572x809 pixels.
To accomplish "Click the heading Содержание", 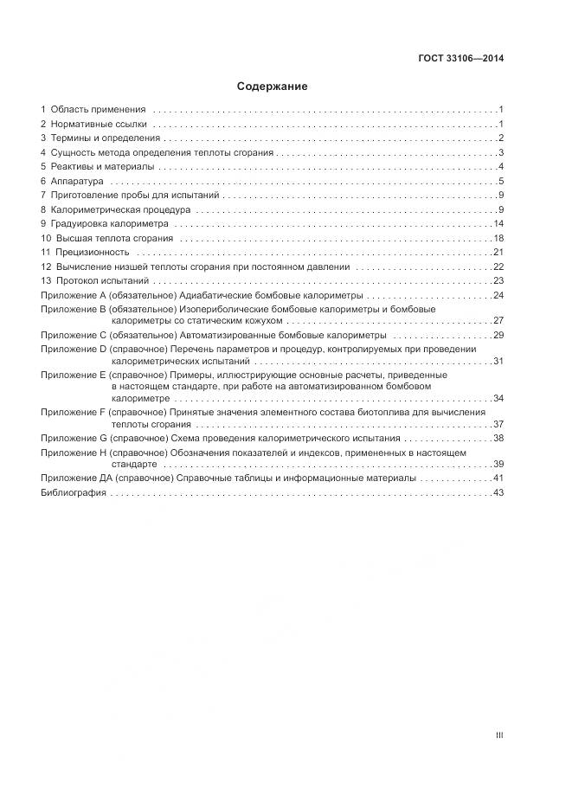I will pos(272,87).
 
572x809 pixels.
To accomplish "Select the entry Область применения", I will pos(98,110).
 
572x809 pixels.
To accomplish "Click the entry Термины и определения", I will pos(105,138).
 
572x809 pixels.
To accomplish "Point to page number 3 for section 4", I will pos(501,152).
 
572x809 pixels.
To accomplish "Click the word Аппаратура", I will pos(77,181).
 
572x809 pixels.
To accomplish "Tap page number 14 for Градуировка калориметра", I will pos(498,223).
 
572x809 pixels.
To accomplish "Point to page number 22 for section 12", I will pos(498,266).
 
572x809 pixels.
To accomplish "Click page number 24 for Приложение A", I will pos(498,295).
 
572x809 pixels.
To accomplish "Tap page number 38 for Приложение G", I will pos(498,439).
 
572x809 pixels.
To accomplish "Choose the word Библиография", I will pos(74,492).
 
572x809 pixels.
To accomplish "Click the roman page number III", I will pos(499,735).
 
